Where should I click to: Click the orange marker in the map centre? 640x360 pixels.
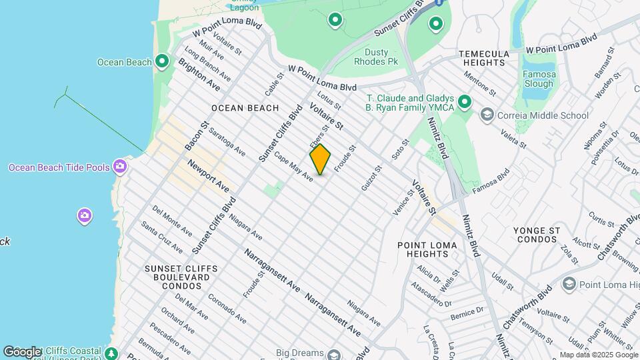[x=320, y=159]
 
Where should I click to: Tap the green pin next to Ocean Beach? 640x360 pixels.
[x=162, y=62]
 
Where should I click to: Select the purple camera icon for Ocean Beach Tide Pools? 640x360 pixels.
[x=120, y=166]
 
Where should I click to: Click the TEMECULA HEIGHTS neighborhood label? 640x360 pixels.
[x=492, y=58]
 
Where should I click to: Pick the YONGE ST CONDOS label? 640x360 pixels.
[x=536, y=235]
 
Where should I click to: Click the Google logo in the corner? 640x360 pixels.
[x=22, y=351]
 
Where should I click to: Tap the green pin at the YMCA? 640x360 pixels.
[x=465, y=102]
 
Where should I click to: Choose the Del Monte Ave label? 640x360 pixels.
[x=171, y=221]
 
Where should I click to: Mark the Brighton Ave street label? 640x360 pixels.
[x=199, y=75]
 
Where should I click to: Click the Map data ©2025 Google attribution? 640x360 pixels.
[x=597, y=355]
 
